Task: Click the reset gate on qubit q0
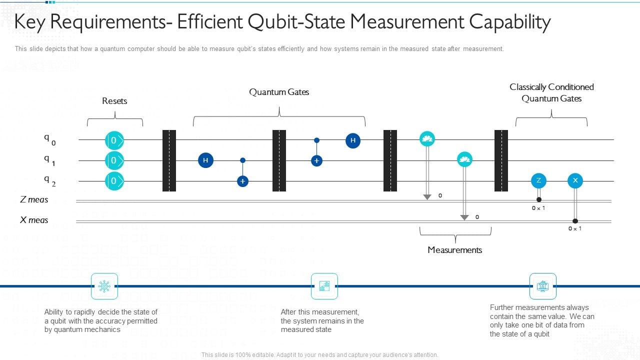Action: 114,140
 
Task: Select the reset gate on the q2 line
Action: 114,181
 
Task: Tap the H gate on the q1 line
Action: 205,160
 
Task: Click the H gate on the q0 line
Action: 353,140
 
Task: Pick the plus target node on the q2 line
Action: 242,181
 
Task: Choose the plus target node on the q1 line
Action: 316,160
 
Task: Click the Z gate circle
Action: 538,180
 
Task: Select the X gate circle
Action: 575,180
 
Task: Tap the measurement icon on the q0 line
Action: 427,139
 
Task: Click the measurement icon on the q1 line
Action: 464,159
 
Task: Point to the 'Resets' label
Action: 114,101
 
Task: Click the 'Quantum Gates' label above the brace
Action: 279,92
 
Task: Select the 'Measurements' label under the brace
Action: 454,250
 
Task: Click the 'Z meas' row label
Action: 34,199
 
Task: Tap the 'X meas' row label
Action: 34,220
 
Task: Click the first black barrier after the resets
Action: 169,160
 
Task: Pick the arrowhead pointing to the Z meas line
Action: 427,197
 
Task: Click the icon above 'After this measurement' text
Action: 324,286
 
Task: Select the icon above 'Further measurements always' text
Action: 542,286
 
